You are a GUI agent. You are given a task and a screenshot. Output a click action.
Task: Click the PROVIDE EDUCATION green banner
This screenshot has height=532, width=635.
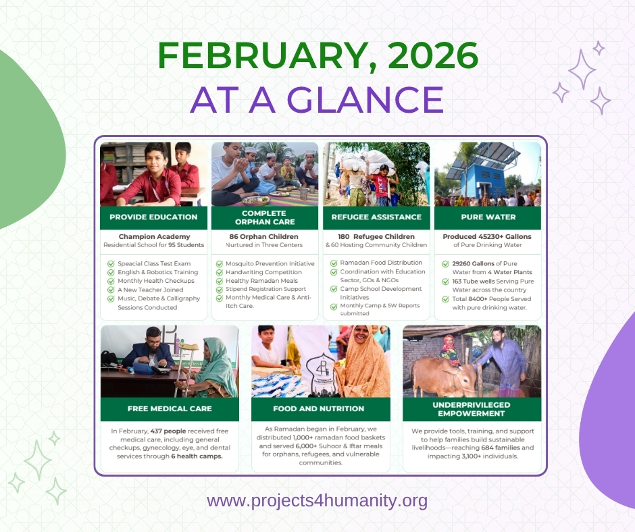click(153, 217)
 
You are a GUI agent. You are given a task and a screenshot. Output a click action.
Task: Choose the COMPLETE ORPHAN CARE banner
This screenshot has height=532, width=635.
click(263, 217)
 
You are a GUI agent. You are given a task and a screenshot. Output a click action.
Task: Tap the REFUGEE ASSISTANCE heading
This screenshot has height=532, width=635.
click(376, 217)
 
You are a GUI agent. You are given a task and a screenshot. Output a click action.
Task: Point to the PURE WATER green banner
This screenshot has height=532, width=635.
click(487, 217)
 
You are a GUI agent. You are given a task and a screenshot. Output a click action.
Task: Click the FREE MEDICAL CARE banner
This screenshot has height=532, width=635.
click(170, 408)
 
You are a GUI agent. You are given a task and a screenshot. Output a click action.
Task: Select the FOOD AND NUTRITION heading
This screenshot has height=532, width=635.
click(319, 408)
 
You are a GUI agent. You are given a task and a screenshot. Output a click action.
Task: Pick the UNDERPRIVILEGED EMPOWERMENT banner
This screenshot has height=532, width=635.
click(471, 408)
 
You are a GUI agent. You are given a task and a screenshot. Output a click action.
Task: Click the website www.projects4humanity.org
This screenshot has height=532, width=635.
click(317, 502)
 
